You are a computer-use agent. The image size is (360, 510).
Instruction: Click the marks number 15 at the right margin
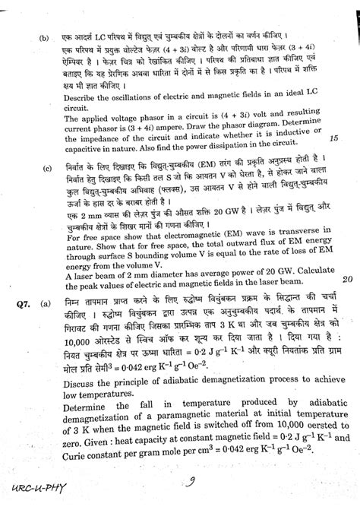335,139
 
